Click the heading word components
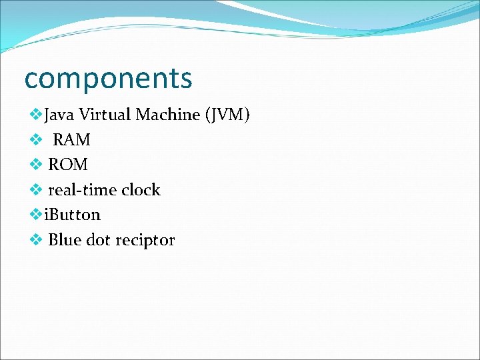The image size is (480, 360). [108, 79]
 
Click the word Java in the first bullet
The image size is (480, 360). [59, 115]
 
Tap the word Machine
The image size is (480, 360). [168, 115]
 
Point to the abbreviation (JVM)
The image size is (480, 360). [228, 115]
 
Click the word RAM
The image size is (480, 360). [71, 140]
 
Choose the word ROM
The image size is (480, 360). [68, 165]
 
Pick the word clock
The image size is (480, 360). [141, 190]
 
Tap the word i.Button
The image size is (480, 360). [72, 215]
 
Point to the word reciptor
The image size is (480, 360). [145, 241]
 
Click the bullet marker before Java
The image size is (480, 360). [36, 115]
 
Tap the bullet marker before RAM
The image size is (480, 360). [36, 140]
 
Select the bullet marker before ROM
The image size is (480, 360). [36, 165]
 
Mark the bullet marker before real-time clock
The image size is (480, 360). [36, 190]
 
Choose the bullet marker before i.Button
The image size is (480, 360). [36, 215]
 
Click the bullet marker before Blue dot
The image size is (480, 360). [36, 240]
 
